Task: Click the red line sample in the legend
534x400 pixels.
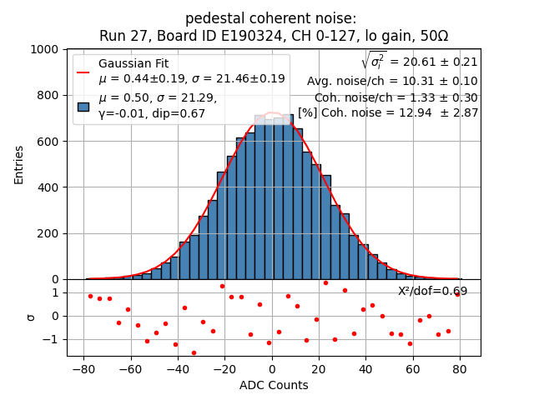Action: pyautogui.click(x=83, y=72)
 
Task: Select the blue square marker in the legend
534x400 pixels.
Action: pyautogui.click(x=83, y=106)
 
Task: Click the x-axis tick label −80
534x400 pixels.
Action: pyautogui.click(x=83, y=367)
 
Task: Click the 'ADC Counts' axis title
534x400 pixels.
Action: pyautogui.click(x=274, y=385)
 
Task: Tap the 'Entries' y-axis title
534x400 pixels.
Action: pyautogui.click(x=19, y=164)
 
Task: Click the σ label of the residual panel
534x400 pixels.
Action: pyautogui.click(x=31, y=317)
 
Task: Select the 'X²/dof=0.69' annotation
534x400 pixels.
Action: pyautogui.click(x=432, y=291)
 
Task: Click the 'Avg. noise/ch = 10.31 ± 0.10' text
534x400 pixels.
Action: pyautogui.click(x=392, y=81)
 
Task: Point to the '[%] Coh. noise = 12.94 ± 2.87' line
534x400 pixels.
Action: pyautogui.click(x=388, y=112)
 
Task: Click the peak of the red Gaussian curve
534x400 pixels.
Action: pyautogui.click(x=273, y=112)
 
